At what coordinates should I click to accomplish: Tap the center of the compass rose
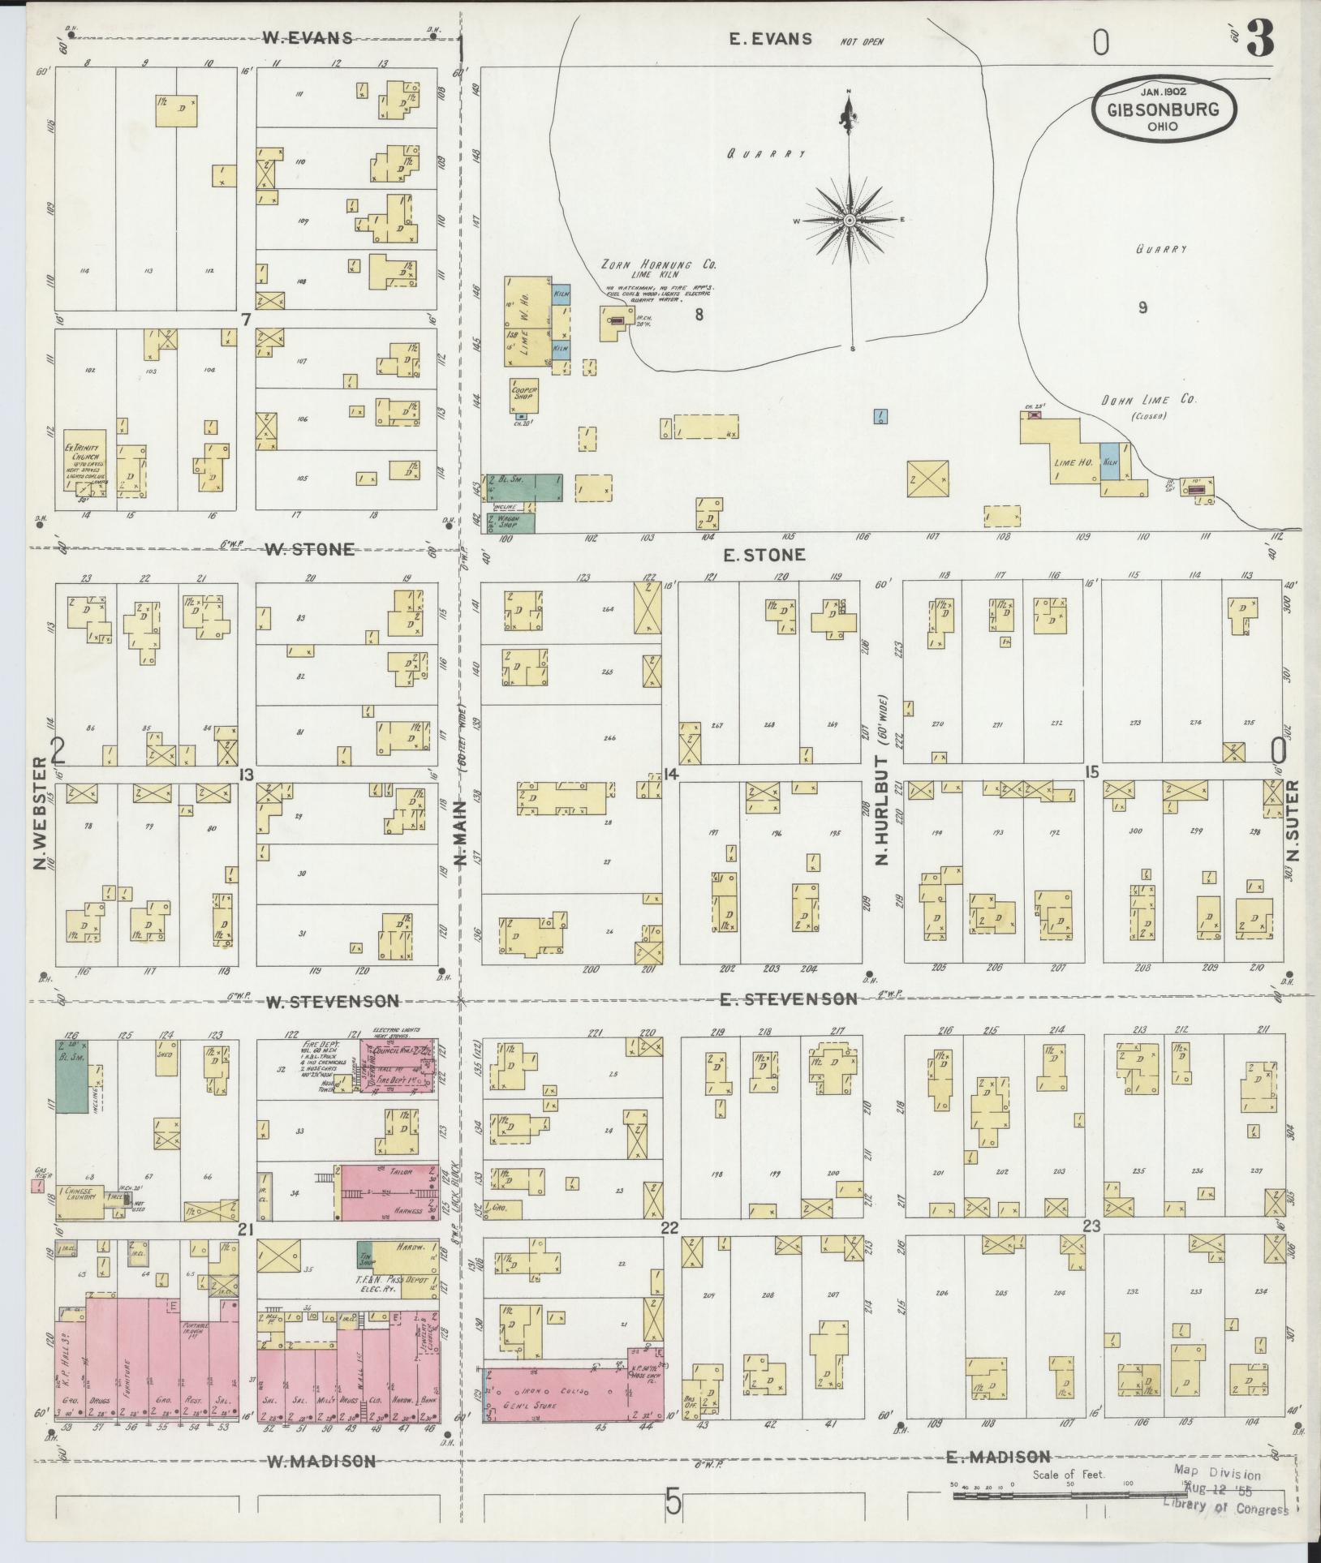pyautogui.click(x=850, y=220)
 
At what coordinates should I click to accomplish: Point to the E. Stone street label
pyautogui.click(x=764, y=555)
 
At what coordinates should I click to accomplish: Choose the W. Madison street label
pyautogui.click(x=321, y=1462)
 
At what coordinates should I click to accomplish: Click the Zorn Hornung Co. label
pyautogui.click(x=658, y=264)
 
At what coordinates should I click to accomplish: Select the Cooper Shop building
pyautogui.click(x=525, y=395)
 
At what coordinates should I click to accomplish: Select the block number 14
pyautogui.click(x=669, y=775)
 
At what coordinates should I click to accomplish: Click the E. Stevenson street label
pyautogui.click(x=788, y=998)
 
